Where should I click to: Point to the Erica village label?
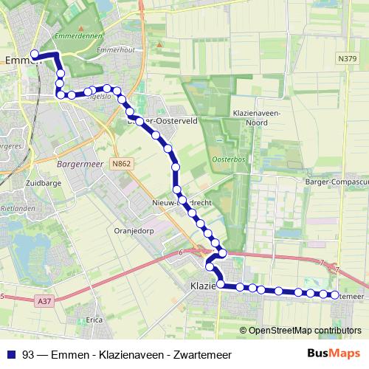click(x=94, y=320)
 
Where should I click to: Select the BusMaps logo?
click(x=334, y=353)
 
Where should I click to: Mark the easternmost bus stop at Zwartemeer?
click(x=334, y=295)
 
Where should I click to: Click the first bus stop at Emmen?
click(x=34, y=53)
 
